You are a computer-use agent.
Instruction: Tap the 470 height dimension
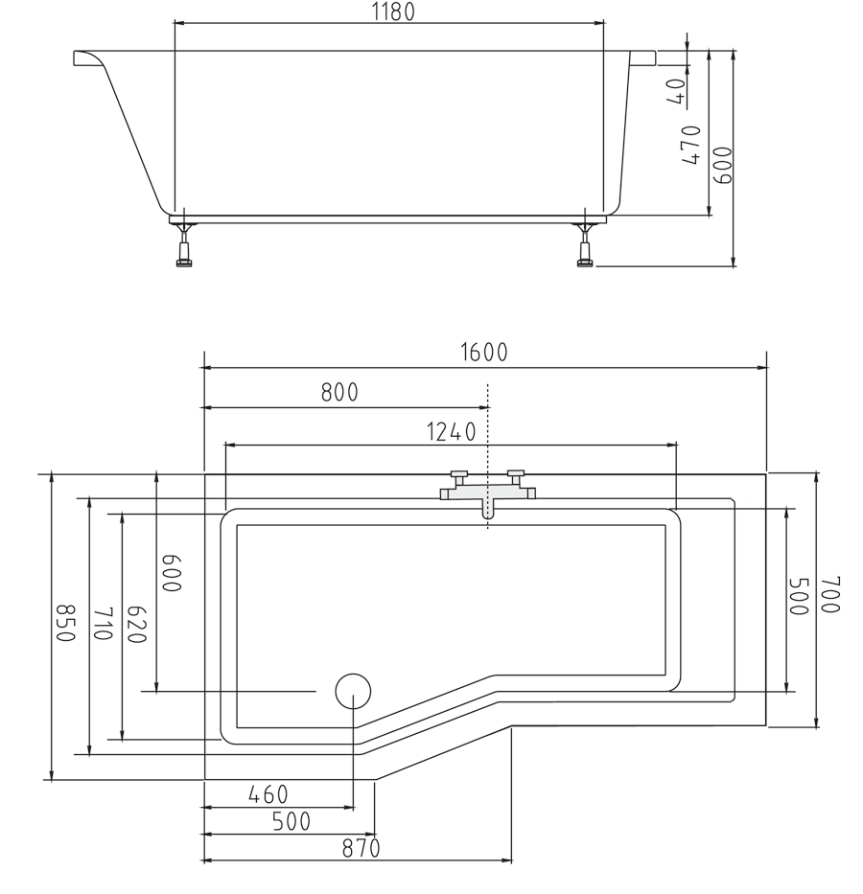[690, 145]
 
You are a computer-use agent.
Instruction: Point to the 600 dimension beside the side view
[722, 165]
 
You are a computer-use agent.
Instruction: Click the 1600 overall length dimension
[484, 353]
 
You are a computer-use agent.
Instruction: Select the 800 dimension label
[339, 393]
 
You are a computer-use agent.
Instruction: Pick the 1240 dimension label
[451, 432]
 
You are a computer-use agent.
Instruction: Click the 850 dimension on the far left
[64, 624]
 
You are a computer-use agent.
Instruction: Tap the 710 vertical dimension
[104, 625]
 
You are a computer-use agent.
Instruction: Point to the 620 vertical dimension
[136, 625]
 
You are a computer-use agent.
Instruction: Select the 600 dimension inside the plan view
[170, 573]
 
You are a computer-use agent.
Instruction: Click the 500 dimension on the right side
[798, 596]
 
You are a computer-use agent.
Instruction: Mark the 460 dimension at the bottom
[268, 795]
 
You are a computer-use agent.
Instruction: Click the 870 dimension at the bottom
[361, 849]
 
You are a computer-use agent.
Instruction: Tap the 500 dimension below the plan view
[291, 822]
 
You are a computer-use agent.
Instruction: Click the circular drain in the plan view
[353, 690]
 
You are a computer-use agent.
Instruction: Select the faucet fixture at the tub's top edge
[487, 492]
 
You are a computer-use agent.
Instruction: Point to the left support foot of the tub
[184, 245]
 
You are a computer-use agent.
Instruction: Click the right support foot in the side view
[584, 245]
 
